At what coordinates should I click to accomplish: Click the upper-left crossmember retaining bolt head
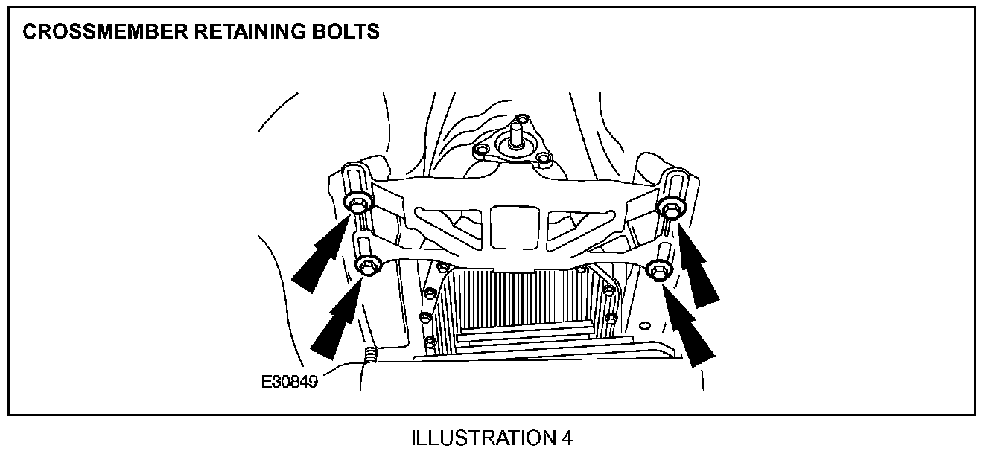(356, 202)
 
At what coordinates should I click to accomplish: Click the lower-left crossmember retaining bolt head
(368, 263)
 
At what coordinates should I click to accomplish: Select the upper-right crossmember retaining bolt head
(669, 209)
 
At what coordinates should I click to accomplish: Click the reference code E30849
(290, 383)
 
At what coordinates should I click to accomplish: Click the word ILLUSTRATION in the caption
(482, 438)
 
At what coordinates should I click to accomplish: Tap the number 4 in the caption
(566, 438)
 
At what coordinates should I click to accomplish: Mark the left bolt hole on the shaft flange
(482, 151)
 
